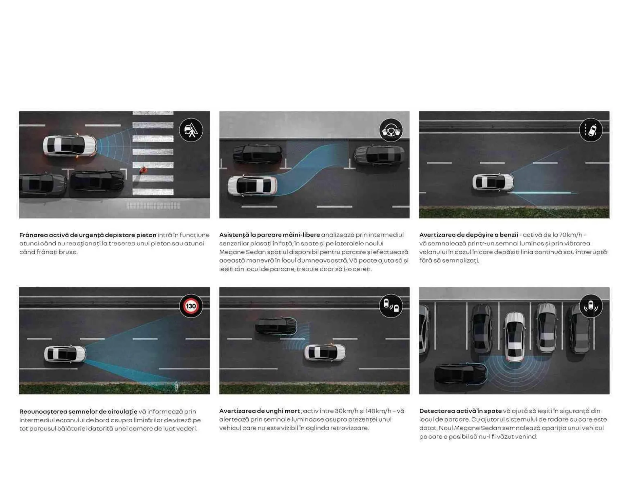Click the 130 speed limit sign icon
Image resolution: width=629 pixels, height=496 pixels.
tap(191, 306)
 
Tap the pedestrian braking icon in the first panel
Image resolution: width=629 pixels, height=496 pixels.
tap(191, 130)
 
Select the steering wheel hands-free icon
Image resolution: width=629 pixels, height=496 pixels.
tap(391, 130)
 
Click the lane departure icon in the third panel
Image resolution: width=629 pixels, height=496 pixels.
tap(591, 130)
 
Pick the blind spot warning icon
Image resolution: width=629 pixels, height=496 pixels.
tap(391, 306)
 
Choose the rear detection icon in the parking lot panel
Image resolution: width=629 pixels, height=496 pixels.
tap(591, 306)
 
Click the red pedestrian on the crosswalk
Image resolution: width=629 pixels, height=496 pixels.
tap(143, 170)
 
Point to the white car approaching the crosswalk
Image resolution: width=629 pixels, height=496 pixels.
tap(70, 146)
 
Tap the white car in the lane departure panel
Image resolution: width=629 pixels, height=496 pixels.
tap(493, 182)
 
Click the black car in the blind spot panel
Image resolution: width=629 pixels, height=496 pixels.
tap(276, 326)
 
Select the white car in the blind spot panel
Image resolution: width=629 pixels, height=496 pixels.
tap(325, 353)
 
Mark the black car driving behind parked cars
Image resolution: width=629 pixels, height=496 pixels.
tap(460, 374)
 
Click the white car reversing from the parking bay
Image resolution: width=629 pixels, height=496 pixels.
tap(515, 337)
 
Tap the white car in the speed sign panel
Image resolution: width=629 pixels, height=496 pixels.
tap(65, 354)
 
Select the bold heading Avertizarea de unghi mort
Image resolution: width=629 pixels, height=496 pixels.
tap(259, 411)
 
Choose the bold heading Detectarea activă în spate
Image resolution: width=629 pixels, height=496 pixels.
tap(460, 411)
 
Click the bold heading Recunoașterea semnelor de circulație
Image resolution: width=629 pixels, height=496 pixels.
tap(78, 412)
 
